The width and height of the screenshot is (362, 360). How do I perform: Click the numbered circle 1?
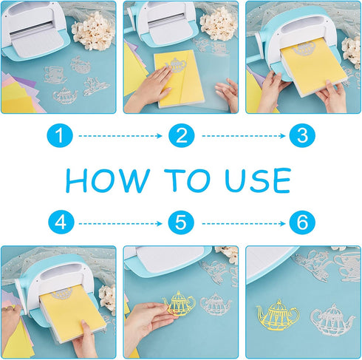pyautogui.click(x=60, y=135)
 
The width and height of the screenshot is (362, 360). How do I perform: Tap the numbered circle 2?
pyautogui.click(x=182, y=135)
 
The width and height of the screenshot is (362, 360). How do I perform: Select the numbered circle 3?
pyautogui.click(x=302, y=135)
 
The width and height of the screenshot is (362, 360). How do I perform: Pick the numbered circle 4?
pyautogui.click(x=61, y=223)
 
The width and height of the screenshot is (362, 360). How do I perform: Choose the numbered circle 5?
pyautogui.click(x=181, y=223)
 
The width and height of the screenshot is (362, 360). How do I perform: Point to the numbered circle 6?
pyautogui.click(x=302, y=223)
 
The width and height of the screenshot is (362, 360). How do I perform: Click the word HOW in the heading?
pyautogui.click(x=108, y=180)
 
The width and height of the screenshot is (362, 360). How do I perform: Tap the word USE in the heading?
pyautogui.click(x=258, y=180)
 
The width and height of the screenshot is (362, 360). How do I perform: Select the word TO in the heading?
pyautogui.click(x=188, y=180)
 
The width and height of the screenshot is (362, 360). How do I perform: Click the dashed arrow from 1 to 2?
pyautogui.click(x=120, y=136)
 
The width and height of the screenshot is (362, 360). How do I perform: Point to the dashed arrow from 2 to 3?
pyautogui.click(x=243, y=136)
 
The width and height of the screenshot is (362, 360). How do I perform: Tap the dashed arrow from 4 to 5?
pyautogui.click(x=120, y=223)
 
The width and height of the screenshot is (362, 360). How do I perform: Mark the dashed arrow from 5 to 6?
pyautogui.click(x=243, y=223)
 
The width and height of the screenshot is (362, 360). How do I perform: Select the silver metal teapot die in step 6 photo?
pyautogui.click(x=332, y=320)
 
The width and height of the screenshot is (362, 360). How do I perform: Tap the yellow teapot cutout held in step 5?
pyautogui.click(x=180, y=304)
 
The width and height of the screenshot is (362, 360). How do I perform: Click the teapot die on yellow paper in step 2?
pyautogui.click(x=176, y=65)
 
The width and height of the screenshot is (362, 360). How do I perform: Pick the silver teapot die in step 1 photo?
pyautogui.click(x=65, y=95)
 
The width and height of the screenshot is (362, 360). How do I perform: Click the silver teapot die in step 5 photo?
pyautogui.click(x=215, y=305)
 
